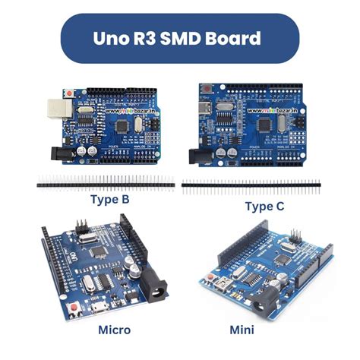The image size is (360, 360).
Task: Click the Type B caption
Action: coord(109,200)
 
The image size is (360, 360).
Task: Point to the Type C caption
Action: coord(266,206)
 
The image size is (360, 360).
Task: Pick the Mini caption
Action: coord(245,330)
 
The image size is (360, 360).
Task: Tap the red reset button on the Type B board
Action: coord(71,93)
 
